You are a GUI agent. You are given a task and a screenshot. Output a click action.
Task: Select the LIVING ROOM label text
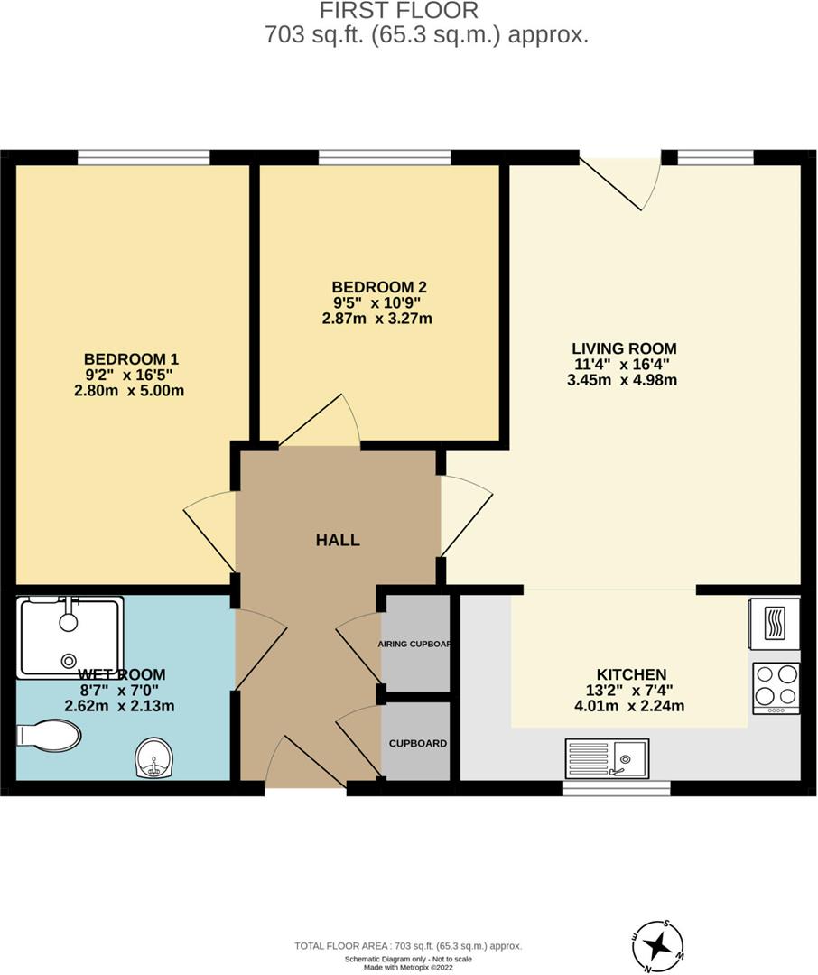624,348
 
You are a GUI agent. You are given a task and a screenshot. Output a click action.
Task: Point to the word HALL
338,541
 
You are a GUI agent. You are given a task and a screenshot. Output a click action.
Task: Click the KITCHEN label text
631,674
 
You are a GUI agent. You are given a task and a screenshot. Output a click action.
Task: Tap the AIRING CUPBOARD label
414,645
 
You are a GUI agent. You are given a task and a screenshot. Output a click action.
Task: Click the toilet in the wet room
49,735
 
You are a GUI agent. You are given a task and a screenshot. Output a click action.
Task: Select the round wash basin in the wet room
154,758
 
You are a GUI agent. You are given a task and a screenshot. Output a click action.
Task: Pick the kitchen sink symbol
607,758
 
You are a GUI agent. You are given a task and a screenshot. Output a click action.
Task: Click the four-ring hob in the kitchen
776,686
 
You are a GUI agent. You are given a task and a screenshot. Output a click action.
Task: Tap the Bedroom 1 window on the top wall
144,158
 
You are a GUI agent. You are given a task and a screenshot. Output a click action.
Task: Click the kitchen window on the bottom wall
617,788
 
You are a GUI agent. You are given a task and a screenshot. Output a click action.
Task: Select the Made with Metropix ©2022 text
409,967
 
